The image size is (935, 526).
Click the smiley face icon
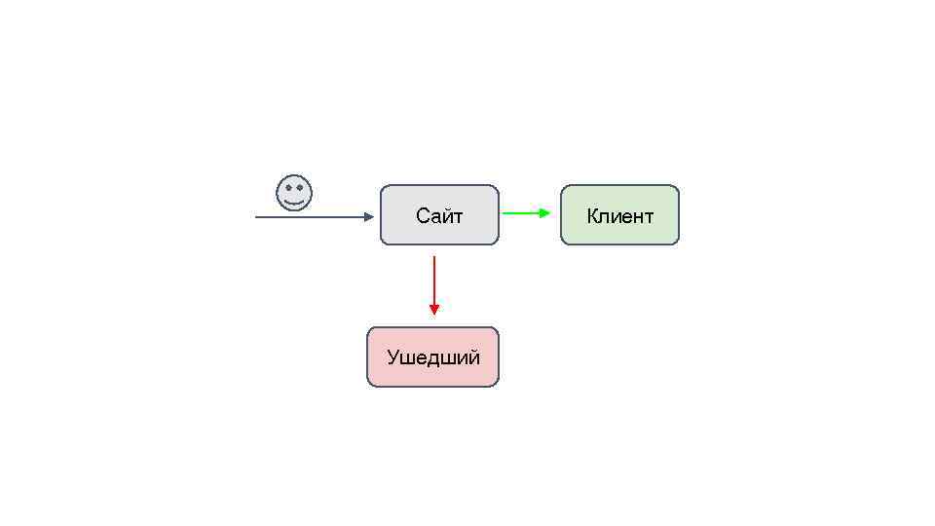coord(294,193)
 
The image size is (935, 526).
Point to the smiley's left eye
coord(287,188)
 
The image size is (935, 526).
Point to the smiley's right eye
coord(300,188)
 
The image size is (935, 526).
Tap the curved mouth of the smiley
coord(294,202)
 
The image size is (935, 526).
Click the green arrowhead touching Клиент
coord(545,212)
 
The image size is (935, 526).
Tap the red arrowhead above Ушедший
coord(434,310)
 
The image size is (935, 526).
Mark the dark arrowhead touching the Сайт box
coord(368,217)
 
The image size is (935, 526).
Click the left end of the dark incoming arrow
coord(257,217)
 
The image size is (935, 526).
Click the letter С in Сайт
coord(422,216)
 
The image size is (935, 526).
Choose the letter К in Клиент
coord(593,216)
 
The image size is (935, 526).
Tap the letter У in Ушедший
coord(393,357)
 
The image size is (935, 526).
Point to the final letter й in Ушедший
coord(474,357)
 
